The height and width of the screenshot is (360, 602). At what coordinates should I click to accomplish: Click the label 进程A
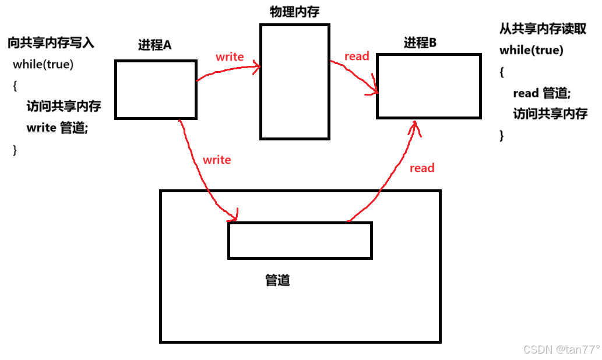click(154, 44)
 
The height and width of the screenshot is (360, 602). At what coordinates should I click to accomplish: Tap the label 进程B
click(420, 42)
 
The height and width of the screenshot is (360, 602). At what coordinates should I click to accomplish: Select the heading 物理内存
click(294, 12)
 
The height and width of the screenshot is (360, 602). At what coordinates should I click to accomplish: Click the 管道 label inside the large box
click(277, 280)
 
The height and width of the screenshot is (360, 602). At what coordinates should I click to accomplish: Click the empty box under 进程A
click(155, 90)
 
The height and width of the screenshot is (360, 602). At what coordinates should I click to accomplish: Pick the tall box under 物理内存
click(294, 82)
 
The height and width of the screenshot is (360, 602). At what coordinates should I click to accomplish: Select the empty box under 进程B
click(428, 86)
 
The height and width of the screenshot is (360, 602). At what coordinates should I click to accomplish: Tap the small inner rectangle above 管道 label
click(300, 240)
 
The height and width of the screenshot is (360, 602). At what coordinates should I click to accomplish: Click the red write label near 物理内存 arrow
click(230, 57)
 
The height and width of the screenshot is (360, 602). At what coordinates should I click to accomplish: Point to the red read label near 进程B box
click(357, 56)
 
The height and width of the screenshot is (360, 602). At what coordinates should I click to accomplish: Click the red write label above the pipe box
click(217, 160)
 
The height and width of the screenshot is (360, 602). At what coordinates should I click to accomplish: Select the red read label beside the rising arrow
click(422, 168)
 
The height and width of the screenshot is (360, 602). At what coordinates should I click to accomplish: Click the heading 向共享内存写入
click(51, 43)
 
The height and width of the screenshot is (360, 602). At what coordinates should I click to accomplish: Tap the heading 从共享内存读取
click(542, 29)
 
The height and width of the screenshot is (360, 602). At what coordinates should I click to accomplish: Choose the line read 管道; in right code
click(541, 93)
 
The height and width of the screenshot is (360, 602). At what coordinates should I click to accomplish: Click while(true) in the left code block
click(43, 64)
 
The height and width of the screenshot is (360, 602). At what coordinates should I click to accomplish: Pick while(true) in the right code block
click(531, 50)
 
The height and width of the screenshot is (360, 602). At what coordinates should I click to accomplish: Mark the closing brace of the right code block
click(502, 135)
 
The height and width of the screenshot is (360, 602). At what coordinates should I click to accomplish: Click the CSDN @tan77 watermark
click(561, 350)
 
